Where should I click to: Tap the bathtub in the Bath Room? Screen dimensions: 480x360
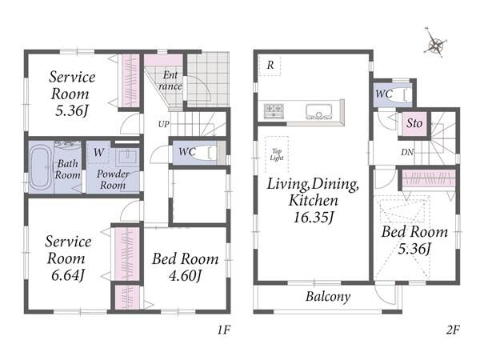click(x=41, y=167)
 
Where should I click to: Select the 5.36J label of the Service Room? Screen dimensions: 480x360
click(x=72, y=110)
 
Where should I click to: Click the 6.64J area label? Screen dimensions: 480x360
click(x=68, y=275)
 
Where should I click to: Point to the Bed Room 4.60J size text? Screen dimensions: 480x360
click(x=186, y=276)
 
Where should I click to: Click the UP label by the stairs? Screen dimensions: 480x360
click(x=164, y=124)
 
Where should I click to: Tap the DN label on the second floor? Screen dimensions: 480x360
click(x=407, y=152)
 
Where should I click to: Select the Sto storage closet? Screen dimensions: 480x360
click(x=414, y=123)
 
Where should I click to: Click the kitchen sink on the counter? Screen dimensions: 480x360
click(x=318, y=111)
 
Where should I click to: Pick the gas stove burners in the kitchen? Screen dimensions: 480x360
click(x=274, y=110)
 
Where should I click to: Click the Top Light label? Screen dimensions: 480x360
click(x=277, y=154)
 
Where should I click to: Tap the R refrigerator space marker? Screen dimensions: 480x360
click(x=270, y=65)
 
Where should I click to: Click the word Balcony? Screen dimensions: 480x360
click(x=328, y=297)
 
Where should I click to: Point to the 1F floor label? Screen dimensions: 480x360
click(x=224, y=330)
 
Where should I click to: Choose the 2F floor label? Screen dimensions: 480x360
click(x=453, y=330)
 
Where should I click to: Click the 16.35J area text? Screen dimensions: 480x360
click(x=313, y=218)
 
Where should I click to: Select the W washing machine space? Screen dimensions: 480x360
click(x=98, y=152)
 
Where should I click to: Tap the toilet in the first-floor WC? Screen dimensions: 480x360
click(x=206, y=152)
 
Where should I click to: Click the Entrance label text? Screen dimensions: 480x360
click(x=170, y=81)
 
